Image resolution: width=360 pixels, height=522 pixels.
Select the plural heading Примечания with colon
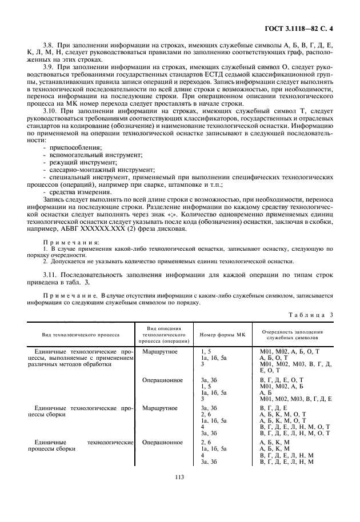[71, 242]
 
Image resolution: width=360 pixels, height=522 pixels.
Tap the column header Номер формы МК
[222, 334]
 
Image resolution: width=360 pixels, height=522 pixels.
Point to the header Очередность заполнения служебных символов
[292, 334]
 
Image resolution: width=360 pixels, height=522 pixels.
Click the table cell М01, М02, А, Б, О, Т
[289, 351]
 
